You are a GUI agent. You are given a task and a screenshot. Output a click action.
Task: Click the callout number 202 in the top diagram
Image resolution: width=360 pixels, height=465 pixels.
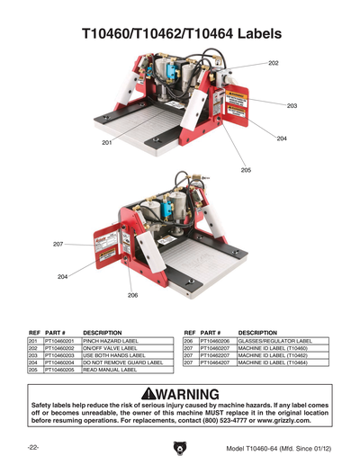273,63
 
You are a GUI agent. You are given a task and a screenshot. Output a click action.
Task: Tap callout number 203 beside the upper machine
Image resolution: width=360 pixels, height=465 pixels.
292,106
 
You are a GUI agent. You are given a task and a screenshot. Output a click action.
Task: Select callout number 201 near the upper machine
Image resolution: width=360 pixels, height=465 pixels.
107,143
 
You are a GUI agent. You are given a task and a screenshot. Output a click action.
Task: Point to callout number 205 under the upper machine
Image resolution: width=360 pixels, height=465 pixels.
246,170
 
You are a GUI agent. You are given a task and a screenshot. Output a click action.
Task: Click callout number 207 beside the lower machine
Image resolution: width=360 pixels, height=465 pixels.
58,245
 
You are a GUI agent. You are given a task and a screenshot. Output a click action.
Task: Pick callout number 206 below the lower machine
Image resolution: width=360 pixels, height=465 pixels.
132,295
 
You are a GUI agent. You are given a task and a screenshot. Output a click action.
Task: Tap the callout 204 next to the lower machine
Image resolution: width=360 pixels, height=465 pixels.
63,276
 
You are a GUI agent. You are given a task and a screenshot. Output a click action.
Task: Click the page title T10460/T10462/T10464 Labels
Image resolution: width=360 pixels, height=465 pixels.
180,34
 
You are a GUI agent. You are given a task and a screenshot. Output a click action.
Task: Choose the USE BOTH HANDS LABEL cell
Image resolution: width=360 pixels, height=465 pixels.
113,355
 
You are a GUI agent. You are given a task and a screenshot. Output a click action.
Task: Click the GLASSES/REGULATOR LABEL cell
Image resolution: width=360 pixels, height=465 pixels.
274,342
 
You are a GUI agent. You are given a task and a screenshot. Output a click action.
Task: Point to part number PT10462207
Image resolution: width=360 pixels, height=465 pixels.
217,355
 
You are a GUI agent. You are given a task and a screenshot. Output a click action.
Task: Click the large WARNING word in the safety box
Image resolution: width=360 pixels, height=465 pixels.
192,396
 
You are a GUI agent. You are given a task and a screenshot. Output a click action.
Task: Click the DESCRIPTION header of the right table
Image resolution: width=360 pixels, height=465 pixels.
257,333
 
